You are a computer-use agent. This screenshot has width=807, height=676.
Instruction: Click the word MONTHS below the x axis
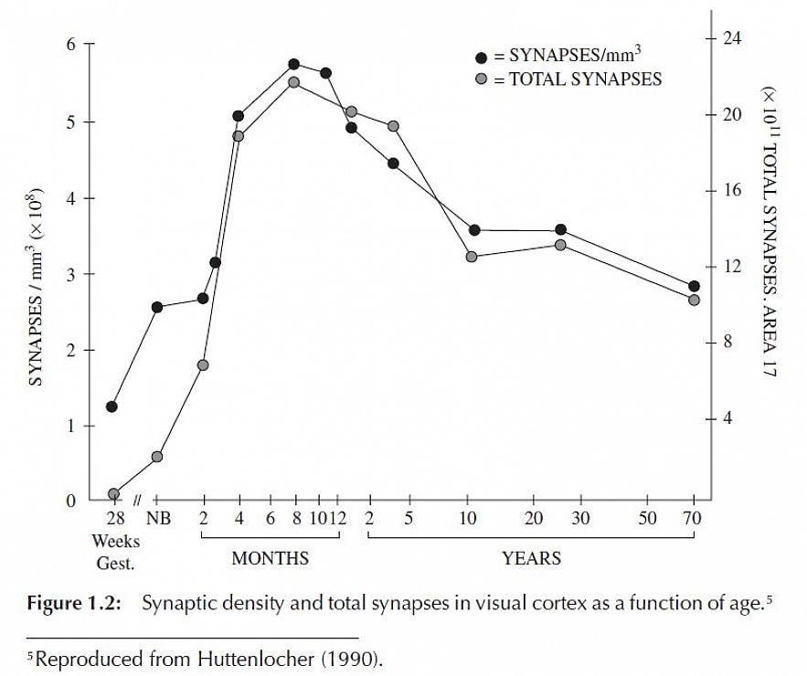[270, 558]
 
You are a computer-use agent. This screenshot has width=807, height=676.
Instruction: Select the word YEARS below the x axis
[531, 558]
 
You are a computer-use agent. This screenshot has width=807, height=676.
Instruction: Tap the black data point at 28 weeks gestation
[112, 407]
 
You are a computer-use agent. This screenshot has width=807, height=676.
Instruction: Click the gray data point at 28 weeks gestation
[114, 493]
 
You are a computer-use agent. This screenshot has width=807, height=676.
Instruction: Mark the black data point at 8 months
[294, 64]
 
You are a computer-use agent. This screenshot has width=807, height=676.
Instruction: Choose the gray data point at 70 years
[694, 300]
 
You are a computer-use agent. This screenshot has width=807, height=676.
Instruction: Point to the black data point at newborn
[157, 307]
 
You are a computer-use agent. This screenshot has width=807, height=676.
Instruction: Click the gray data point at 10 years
[472, 257]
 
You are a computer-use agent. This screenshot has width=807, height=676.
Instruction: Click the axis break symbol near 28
[136, 500]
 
